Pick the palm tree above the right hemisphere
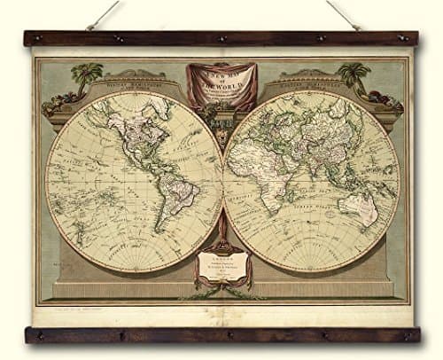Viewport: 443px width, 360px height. [354, 74]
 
